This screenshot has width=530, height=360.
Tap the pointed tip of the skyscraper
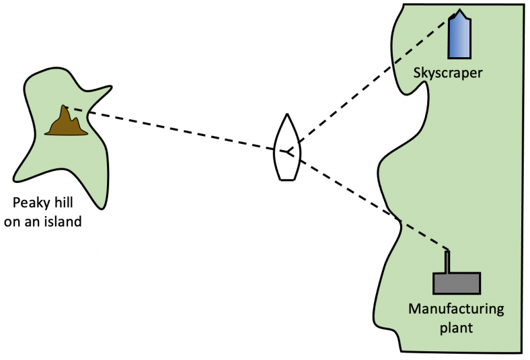pos(460,11)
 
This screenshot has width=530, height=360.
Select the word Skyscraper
pos(448,71)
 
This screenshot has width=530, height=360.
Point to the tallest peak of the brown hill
pos(65,107)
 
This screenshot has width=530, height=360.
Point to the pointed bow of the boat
pos(287,115)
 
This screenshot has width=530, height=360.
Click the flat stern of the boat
pos(287,179)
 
